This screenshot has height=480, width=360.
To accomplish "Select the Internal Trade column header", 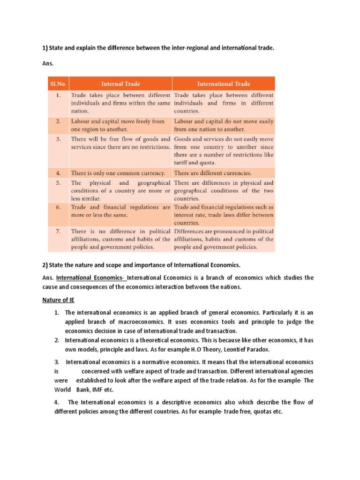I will (x=121, y=84).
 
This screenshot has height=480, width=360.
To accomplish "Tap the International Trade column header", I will (x=224, y=84).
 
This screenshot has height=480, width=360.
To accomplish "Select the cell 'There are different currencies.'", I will (x=213, y=172).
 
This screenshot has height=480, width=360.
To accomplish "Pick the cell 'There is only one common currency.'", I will (x=118, y=172).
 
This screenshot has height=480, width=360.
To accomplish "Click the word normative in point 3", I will (x=147, y=362).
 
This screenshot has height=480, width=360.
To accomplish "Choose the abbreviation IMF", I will (x=93, y=390).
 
